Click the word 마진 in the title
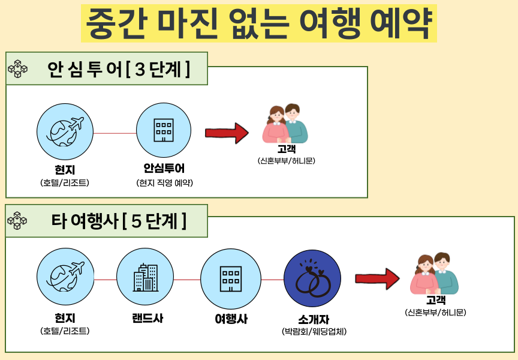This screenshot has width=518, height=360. tap(188, 23)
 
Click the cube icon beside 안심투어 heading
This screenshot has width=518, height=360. tap(18, 69)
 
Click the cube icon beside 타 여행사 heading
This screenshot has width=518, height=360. tap(17, 220)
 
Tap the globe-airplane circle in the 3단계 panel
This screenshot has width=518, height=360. tap(65, 131)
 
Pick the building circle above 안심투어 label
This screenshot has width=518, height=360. tap(164, 130)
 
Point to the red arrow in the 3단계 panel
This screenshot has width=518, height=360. tap(227, 133)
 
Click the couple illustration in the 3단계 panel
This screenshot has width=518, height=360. tap(285, 124)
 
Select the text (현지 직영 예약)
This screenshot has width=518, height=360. tap(164, 183)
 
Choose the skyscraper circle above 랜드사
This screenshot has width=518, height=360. tap(145, 277)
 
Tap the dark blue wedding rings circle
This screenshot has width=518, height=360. tap(312, 278)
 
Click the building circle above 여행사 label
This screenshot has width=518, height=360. tap(231, 278)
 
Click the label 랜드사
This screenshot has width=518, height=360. tap(147, 318)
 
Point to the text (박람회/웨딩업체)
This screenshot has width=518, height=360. tap(314, 331)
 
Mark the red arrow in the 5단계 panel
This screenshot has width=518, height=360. tap(377, 279)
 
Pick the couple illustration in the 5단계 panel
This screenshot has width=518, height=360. tap(434, 274)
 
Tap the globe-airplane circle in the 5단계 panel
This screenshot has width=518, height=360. tap(65, 277)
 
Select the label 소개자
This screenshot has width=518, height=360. tap(314, 319)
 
